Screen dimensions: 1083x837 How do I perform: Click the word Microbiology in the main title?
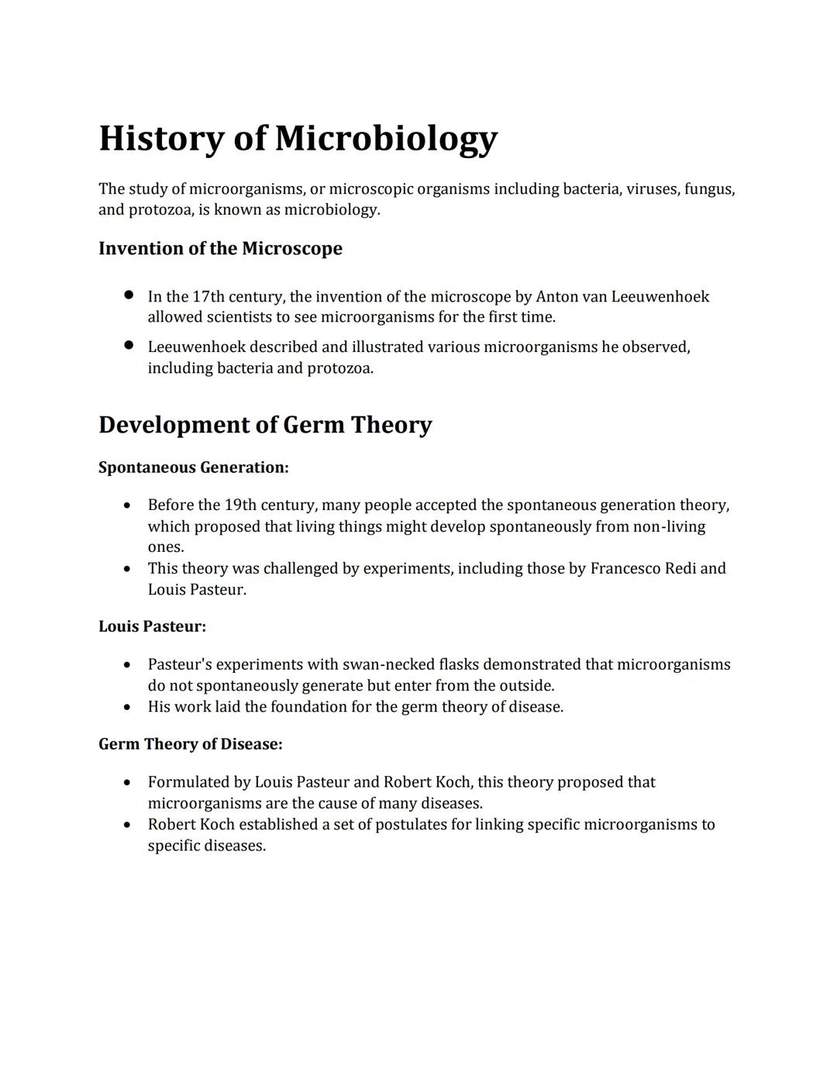385,140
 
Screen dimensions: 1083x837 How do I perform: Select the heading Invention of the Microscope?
220,249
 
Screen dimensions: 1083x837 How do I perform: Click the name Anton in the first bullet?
556,297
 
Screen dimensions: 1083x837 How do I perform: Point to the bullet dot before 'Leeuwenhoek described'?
129,346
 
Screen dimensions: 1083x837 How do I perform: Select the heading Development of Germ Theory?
265,425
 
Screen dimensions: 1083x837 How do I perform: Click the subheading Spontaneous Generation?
193,467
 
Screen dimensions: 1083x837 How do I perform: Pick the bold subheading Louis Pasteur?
152,626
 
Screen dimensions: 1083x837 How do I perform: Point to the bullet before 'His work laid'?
127,707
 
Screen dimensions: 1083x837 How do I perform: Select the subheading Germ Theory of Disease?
190,744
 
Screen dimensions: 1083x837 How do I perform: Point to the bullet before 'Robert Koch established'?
127,825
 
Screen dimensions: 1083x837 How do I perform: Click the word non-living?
669,527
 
